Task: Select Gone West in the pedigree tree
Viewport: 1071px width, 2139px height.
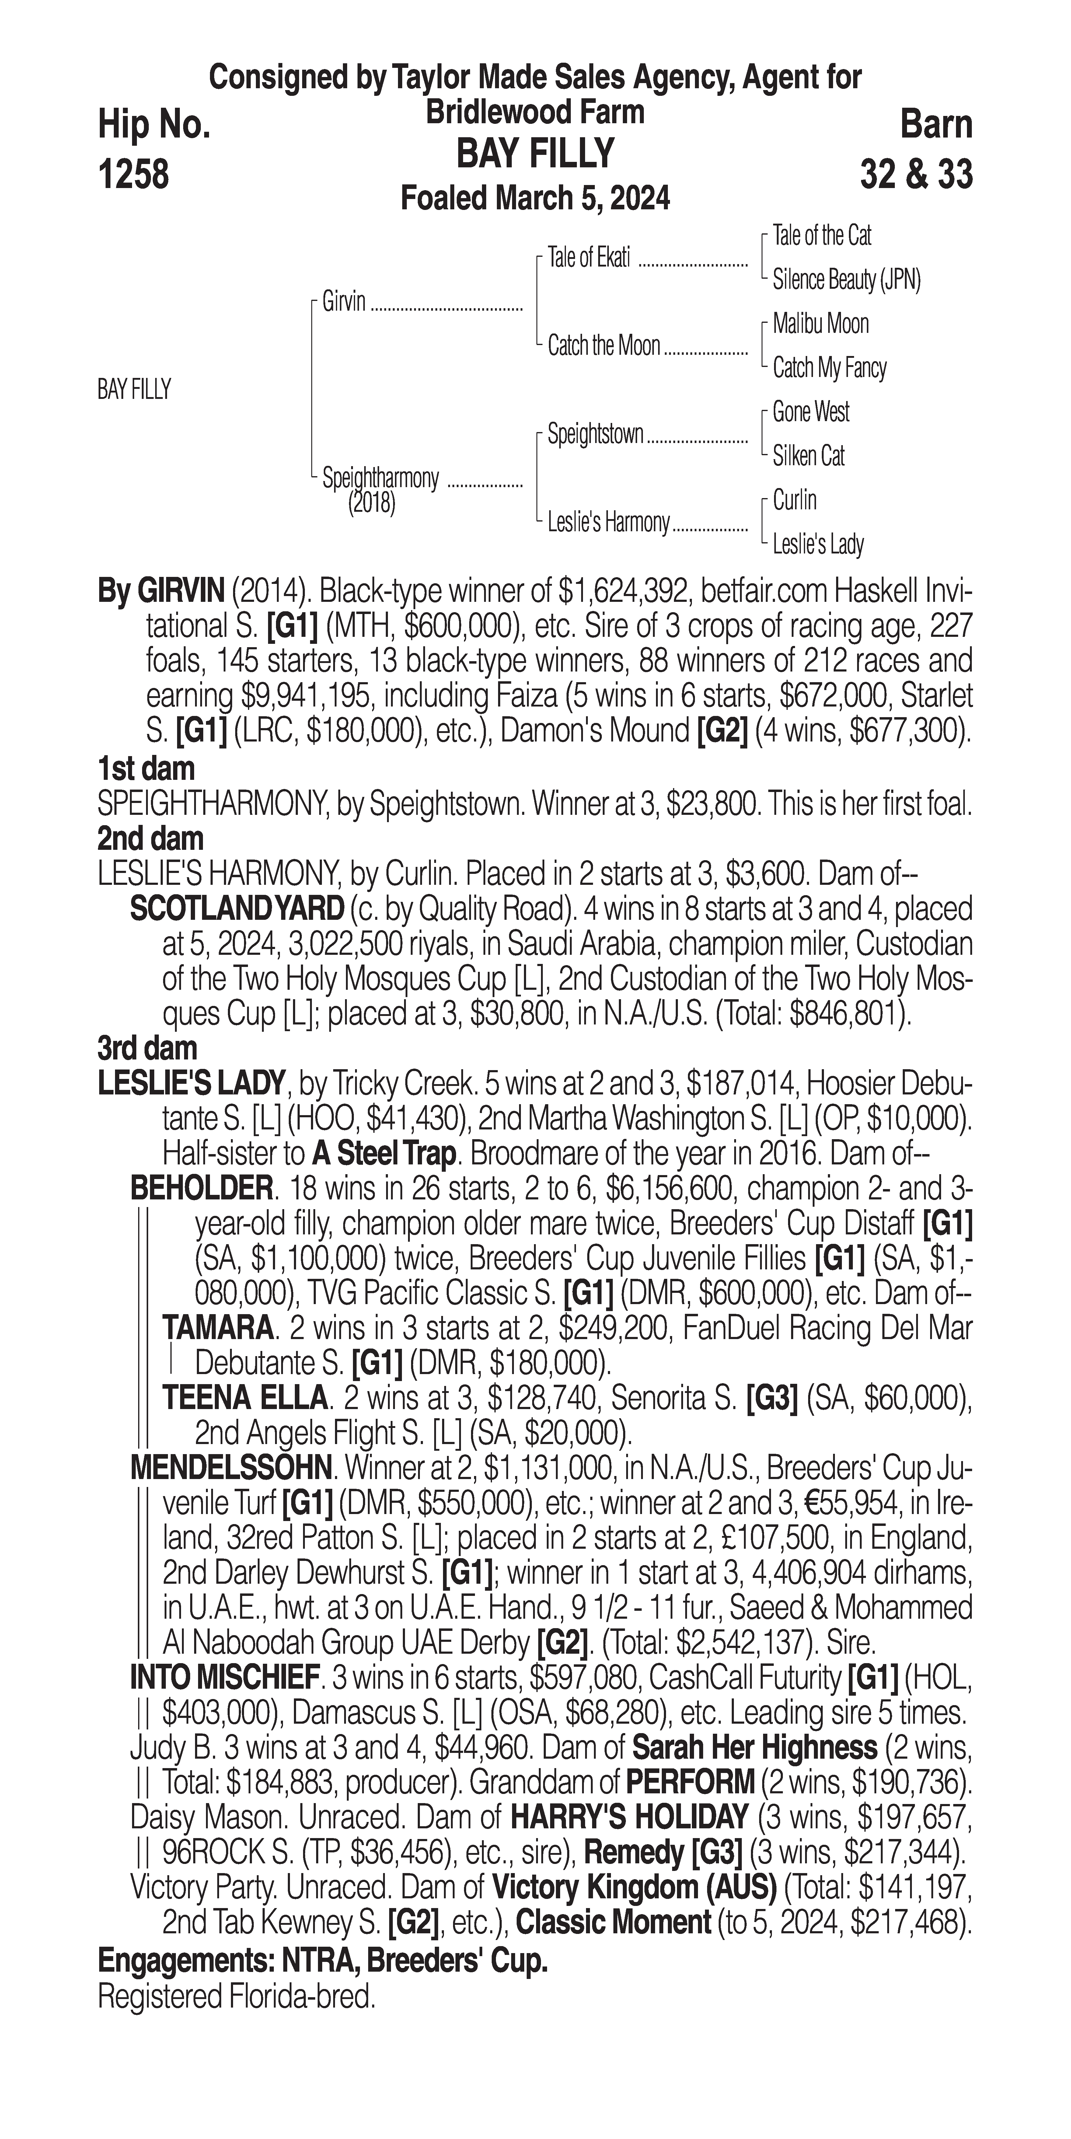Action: pyautogui.click(x=810, y=412)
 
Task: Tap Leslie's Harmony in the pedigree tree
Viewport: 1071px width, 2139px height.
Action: pyautogui.click(x=608, y=522)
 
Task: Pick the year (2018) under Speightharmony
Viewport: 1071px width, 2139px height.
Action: pyautogui.click(x=371, y=503)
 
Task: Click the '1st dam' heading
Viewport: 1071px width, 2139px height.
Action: pyautogui.click(x=146, y=768)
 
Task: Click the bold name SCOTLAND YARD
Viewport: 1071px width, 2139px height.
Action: pyautogui.click(x=237, y=909)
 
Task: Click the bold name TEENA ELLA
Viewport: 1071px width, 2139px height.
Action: pyautogui.click(x=245, y=1398)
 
